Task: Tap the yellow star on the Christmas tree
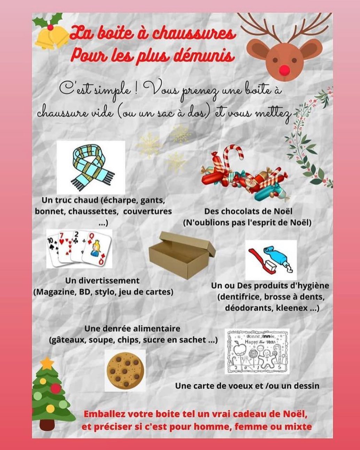(47, 363)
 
